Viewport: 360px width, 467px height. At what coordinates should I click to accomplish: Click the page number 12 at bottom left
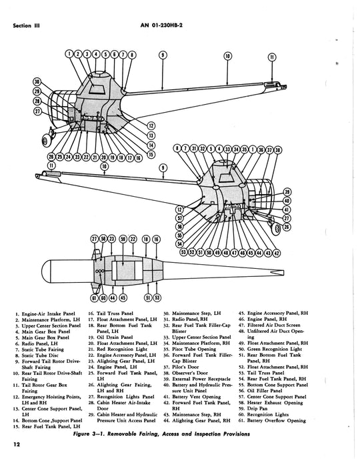[16, 444]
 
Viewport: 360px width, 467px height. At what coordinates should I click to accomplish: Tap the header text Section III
[26, 25]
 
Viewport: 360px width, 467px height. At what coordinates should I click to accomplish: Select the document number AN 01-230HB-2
[161, 25]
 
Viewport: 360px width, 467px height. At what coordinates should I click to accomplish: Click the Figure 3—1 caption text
[161, 434]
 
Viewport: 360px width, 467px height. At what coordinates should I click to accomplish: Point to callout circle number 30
[37, 82]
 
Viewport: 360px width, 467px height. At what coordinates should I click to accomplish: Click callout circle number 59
[123, 239]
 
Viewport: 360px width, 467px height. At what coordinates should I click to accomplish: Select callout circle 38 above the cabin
[278, 150]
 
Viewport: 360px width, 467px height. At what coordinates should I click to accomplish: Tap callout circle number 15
[151, 155]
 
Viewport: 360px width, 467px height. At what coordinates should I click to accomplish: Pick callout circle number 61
[94, 298]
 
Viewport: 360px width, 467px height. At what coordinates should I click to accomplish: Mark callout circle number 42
[277, 253]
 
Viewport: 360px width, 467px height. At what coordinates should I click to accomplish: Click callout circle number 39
[287, 192]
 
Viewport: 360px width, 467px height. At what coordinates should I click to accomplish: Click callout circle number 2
[78, 54]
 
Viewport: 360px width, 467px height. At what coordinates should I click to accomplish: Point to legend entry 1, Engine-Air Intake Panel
[45, 314]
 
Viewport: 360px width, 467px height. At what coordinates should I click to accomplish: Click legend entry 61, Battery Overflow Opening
[272, 420]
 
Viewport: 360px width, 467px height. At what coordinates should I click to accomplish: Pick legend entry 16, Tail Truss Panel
[111, 314]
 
